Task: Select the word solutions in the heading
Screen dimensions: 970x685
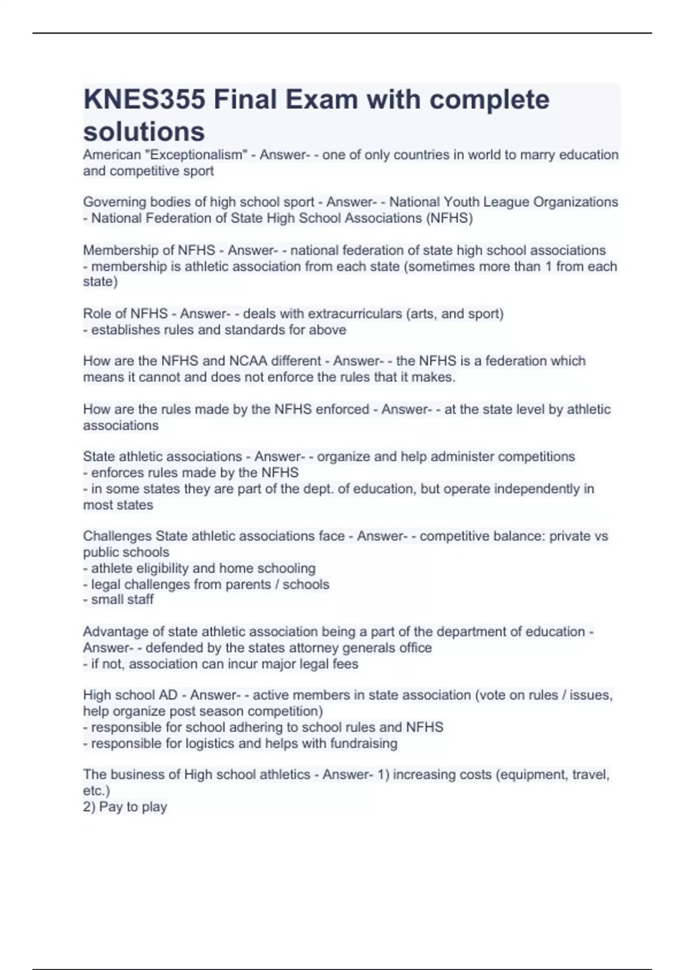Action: click(x=144, y=132)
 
